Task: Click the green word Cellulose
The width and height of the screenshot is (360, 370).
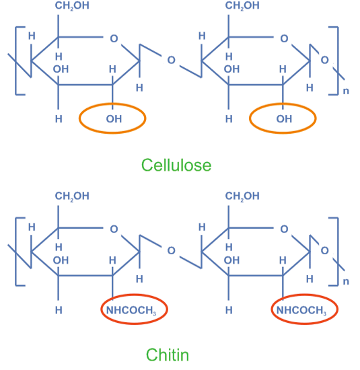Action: (x=176, y=165)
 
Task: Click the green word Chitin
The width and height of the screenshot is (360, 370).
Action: (x=168, y=355)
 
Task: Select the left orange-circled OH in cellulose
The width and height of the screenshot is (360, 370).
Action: (x=114, y=119)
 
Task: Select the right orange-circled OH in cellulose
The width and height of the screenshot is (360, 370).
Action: (x=284, y=119)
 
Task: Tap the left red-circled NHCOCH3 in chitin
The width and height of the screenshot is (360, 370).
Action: (x=131, y=310)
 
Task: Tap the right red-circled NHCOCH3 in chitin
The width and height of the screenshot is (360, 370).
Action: (x=301, y=310)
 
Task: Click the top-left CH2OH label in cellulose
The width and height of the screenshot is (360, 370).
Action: (x=72, y=5)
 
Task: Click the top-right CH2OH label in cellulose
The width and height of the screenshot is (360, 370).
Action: (x=242, y=5)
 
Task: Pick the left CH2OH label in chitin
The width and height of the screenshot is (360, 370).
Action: (x=72, y=196)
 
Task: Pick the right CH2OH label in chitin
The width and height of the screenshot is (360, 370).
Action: (x=242, y=196)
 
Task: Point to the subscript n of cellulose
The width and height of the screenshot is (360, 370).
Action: (x=346, y=91)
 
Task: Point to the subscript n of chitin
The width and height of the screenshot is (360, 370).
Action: (x=346, y=281)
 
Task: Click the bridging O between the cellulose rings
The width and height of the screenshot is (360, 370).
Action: (x=171, y=60)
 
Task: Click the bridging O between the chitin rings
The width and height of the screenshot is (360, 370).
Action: (x=171, y=251)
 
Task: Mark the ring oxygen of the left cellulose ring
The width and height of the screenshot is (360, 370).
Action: (x=114, y=38)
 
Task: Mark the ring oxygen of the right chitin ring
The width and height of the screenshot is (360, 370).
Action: (x=284, y=229)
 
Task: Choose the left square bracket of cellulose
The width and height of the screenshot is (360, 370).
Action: (x=16, y=61)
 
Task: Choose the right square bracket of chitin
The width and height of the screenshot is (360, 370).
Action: (x=338, y=252)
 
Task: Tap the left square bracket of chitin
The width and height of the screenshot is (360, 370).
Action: (x=16, y=252)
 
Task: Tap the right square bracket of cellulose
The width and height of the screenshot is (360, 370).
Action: (x=338, y=61)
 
